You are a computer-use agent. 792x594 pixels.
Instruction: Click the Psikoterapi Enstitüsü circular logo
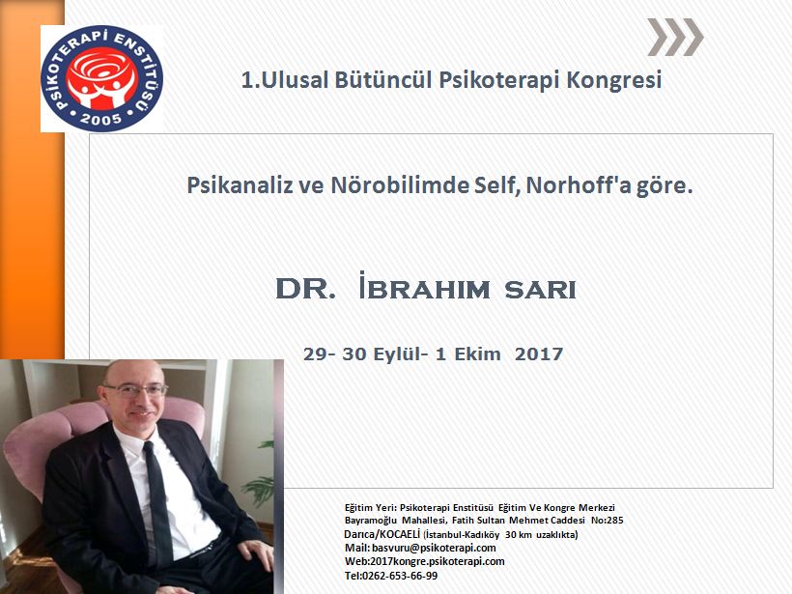(x=101, y=78)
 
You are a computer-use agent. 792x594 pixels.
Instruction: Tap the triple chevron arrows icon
(x=674, y=38)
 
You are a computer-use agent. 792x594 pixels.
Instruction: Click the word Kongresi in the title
(x=614, y=80)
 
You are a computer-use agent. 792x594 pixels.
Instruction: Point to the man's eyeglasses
(x=135, y=388)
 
